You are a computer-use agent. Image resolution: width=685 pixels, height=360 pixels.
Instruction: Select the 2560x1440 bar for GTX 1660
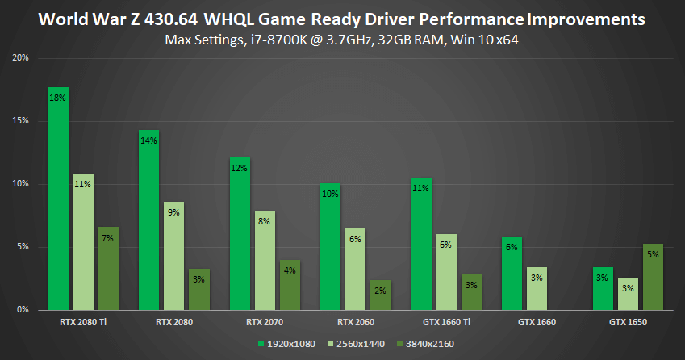tap(537, 288)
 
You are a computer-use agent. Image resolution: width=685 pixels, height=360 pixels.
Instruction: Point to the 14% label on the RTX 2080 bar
tap(148, 140)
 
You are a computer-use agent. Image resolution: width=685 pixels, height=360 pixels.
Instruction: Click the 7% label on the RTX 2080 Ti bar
tap(108, 238)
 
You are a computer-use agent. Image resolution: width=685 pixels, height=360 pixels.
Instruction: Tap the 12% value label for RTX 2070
tap(240, 168)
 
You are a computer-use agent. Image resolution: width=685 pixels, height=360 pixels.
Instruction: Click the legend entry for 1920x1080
tap(285, 343)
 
